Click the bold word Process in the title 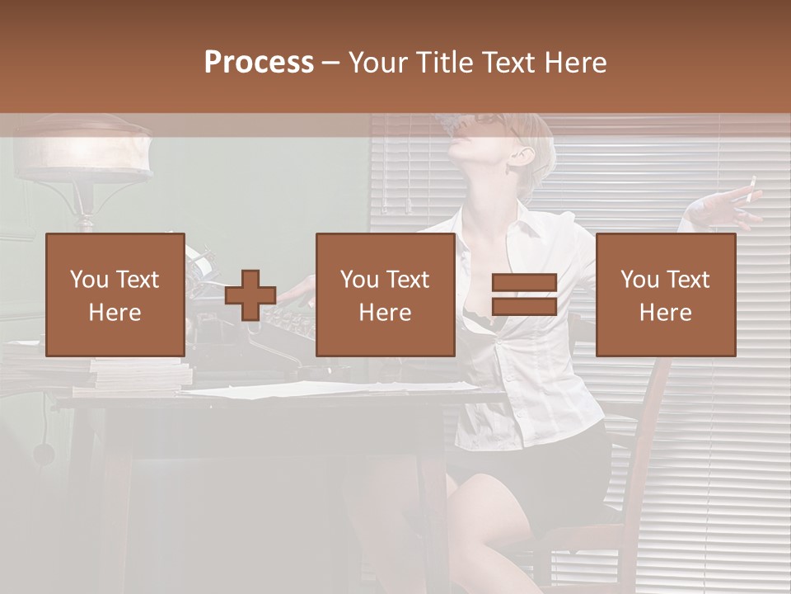(259, 63)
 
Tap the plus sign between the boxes (250, 295)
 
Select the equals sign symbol (524, 295)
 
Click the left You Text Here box (115, 295)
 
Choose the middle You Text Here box (385, 295)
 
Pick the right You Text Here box (665, 295)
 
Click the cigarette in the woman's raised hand (751, 192)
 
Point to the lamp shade (82, 148)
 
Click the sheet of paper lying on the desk (330, 388)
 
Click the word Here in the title (574, 63)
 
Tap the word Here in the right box (665, 313)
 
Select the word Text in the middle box (407, 280)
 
